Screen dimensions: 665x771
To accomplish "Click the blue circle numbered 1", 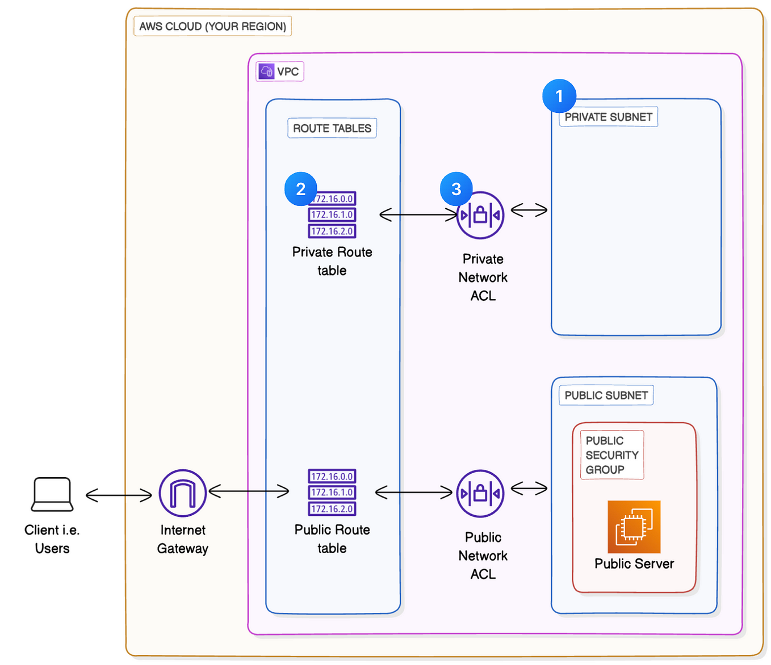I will (x=559, y=96).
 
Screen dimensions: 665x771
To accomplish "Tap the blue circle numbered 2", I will (x=301, y=189).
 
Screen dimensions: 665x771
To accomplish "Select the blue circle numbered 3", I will (x=456, y=189).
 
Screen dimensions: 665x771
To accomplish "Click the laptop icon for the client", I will (x=52, y=494).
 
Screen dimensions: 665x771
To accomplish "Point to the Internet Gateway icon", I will (x=183, y=493).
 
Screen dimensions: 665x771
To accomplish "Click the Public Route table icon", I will (x=332, y=493).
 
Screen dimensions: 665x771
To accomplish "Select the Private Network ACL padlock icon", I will (x=480, y=215).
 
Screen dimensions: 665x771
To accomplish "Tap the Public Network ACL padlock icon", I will (x=480, y=493).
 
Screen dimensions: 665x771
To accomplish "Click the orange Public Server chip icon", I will (x=634, y=527).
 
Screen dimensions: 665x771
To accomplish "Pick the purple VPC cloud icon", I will (x=266, y=71).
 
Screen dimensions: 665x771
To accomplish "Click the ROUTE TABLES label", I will (x=332, y=128).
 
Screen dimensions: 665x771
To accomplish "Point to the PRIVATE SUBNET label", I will (x=608, y=117).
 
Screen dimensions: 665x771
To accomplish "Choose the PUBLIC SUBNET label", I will (x=606, y=395).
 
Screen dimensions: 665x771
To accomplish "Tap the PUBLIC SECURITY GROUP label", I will (x=611, y=455).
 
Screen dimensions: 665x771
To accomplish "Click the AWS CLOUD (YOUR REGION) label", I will (x=212, y=27).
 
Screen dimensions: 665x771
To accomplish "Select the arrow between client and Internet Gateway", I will (x=119, y=495).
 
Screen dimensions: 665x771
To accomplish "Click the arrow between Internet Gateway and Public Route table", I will (x=249, y=491).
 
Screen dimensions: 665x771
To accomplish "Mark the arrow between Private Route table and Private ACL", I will (x=418, y=214).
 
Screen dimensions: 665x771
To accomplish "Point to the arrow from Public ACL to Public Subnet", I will (x=529, y=487).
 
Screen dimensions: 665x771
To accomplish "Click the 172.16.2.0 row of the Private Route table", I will (x=332, y=231).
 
